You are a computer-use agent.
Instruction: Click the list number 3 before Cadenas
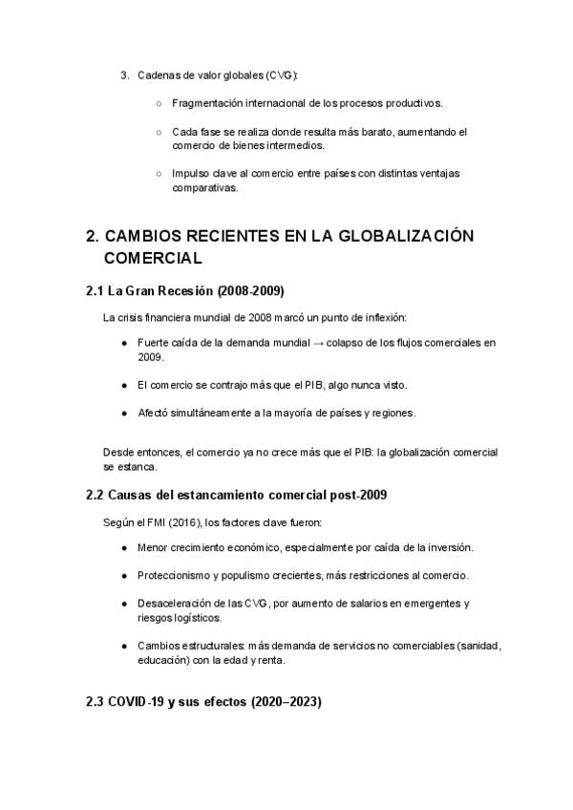(x=123, y=75)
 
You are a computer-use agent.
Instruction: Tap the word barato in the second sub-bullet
(x=379, y=132)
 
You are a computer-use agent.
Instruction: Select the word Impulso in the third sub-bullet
(x=190, y=175)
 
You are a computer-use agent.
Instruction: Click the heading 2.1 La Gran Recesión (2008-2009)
(x=185, y=290)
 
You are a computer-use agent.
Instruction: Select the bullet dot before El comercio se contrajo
(x=124, y=385)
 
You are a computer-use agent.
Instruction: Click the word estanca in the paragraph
(x=138, y=467)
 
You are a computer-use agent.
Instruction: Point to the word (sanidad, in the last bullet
(x=475, y=647)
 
